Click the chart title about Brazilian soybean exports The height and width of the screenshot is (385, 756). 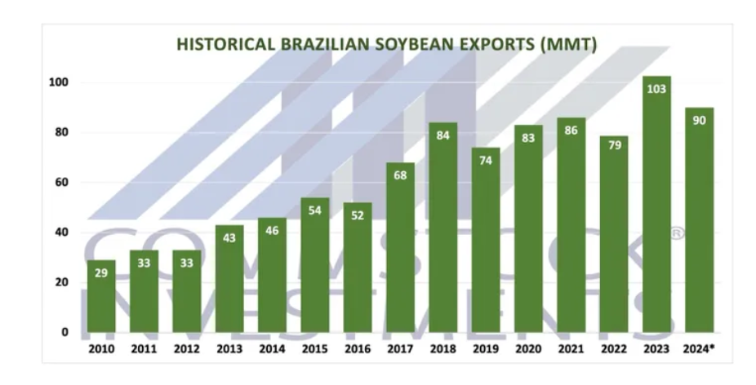click(x=387, y=44)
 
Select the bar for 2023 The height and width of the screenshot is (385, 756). click(x=656, y=204)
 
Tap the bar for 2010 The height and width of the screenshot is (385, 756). click(x=101, y=296)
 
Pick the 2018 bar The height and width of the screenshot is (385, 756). click(x=443, y=228)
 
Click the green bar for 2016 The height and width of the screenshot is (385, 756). click(x=358, y=268)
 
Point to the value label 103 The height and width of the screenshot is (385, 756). click(x=656, y=89)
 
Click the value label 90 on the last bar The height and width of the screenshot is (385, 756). click(x=699, y=121)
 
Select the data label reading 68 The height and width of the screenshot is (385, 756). click(x=400, y=175)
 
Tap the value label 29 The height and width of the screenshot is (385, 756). click(x=101, y=273)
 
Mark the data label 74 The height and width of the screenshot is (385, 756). click(x=486, y=161)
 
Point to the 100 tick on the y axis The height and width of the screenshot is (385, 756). click(x=59, y=82)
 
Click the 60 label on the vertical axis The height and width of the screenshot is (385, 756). click(x=62, y=182)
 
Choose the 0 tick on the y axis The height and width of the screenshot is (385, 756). click(x=65, y=332)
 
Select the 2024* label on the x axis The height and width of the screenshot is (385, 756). click(x=699, y=349)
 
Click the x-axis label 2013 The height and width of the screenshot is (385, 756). click(x=229, y=349)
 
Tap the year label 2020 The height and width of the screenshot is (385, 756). click(x=528, y=349)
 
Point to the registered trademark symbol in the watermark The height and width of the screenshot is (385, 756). click(x=677, y=234)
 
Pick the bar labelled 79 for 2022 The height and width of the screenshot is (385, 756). click(x=614, y=234)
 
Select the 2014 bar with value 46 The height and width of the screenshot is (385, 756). click(x=272, y=275)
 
